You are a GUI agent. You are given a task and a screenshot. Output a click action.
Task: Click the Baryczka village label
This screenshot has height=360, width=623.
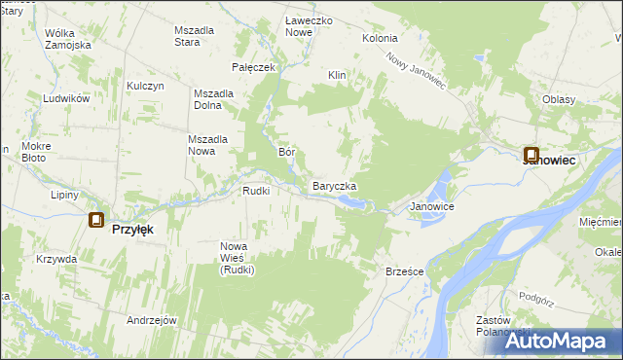click(334, 186)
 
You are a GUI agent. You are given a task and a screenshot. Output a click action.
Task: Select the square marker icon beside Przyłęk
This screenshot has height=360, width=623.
click(95, 221)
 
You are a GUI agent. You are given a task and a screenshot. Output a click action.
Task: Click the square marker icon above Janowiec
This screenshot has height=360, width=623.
click(531, 154)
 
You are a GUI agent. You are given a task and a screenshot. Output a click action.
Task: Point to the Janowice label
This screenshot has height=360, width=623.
click(432, 207)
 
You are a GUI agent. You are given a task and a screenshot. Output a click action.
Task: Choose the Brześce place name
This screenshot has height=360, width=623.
click(404, 271)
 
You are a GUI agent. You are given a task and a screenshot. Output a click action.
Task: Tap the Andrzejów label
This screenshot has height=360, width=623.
click(151, 320)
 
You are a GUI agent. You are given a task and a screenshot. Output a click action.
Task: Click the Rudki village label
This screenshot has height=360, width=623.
click(262, 191)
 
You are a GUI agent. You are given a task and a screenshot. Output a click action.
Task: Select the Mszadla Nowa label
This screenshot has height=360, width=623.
click(207, 145)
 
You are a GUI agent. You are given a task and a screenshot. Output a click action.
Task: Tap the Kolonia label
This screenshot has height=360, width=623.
click(380, 38)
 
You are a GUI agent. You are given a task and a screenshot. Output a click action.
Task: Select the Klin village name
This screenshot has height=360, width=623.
click(337, 75)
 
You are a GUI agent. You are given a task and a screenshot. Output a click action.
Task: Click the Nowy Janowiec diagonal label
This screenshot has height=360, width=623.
click(415, 71)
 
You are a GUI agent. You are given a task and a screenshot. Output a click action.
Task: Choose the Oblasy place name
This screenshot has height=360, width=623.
click(560, 99)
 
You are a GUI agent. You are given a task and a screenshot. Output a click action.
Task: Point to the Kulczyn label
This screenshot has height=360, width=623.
click(144, 86)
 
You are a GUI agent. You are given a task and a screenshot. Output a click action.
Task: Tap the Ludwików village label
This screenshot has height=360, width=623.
click(66, 99)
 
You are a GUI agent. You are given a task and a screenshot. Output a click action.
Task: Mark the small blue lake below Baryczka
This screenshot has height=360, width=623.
click(352, 202)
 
